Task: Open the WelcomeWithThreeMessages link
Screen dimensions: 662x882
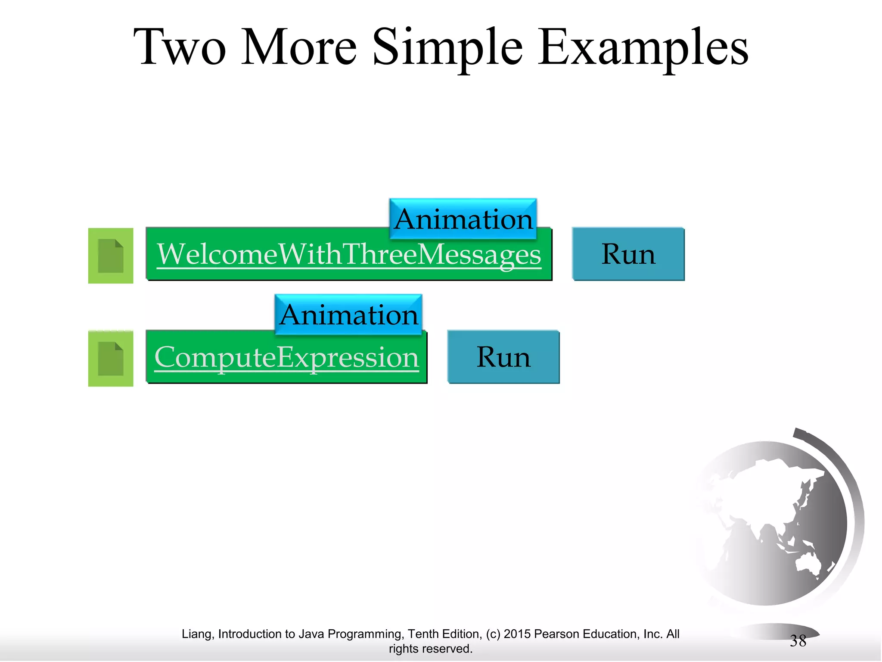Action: pyautogui.click(x=349, y=254)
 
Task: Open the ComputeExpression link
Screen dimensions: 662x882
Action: pyautogui.click(x=286, y=357)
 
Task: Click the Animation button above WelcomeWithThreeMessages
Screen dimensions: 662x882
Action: pyautogui.click(x=463, y=219)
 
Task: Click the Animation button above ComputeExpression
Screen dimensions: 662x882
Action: pyautogui.click(x=348, y=315)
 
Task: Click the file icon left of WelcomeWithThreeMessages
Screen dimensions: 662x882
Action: pyautogui.click(x=111, y=256)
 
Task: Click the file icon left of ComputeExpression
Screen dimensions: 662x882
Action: pyautogui.click(x=111, y=359)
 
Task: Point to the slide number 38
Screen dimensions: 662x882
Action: pyautogui.click(x=798, y=641)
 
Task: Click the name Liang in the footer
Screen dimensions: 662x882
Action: pyautogui.click(x=196, y=634)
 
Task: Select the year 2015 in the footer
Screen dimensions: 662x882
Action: pyautogui.click(x=517, y=634)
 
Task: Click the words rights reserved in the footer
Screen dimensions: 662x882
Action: pyautogui.click(x=430, y=649)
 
